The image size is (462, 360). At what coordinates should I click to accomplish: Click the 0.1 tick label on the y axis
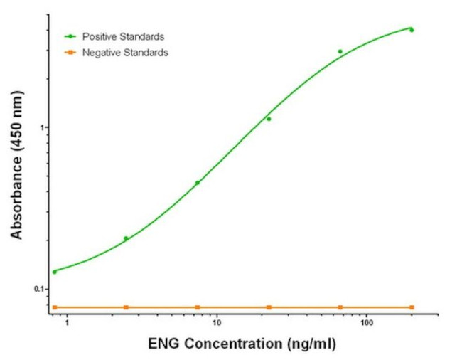39,289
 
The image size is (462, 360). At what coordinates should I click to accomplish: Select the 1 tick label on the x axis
68,324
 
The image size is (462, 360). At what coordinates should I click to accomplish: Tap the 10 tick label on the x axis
215,324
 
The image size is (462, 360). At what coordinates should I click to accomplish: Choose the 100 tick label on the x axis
366,324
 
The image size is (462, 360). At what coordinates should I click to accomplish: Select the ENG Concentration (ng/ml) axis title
242,344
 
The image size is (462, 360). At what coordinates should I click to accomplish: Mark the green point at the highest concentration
412,30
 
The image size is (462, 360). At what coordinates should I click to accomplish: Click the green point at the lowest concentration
55,272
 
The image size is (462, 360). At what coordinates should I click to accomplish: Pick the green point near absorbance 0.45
198,183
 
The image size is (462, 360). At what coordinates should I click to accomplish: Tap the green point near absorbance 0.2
126,238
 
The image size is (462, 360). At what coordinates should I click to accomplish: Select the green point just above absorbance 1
269,119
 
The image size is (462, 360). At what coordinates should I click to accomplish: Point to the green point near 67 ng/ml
340,51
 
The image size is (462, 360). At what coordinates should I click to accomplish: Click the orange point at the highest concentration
412,307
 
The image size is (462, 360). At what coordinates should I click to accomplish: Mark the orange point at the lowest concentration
55,307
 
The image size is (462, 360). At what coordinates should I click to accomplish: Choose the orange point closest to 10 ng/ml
198,307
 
